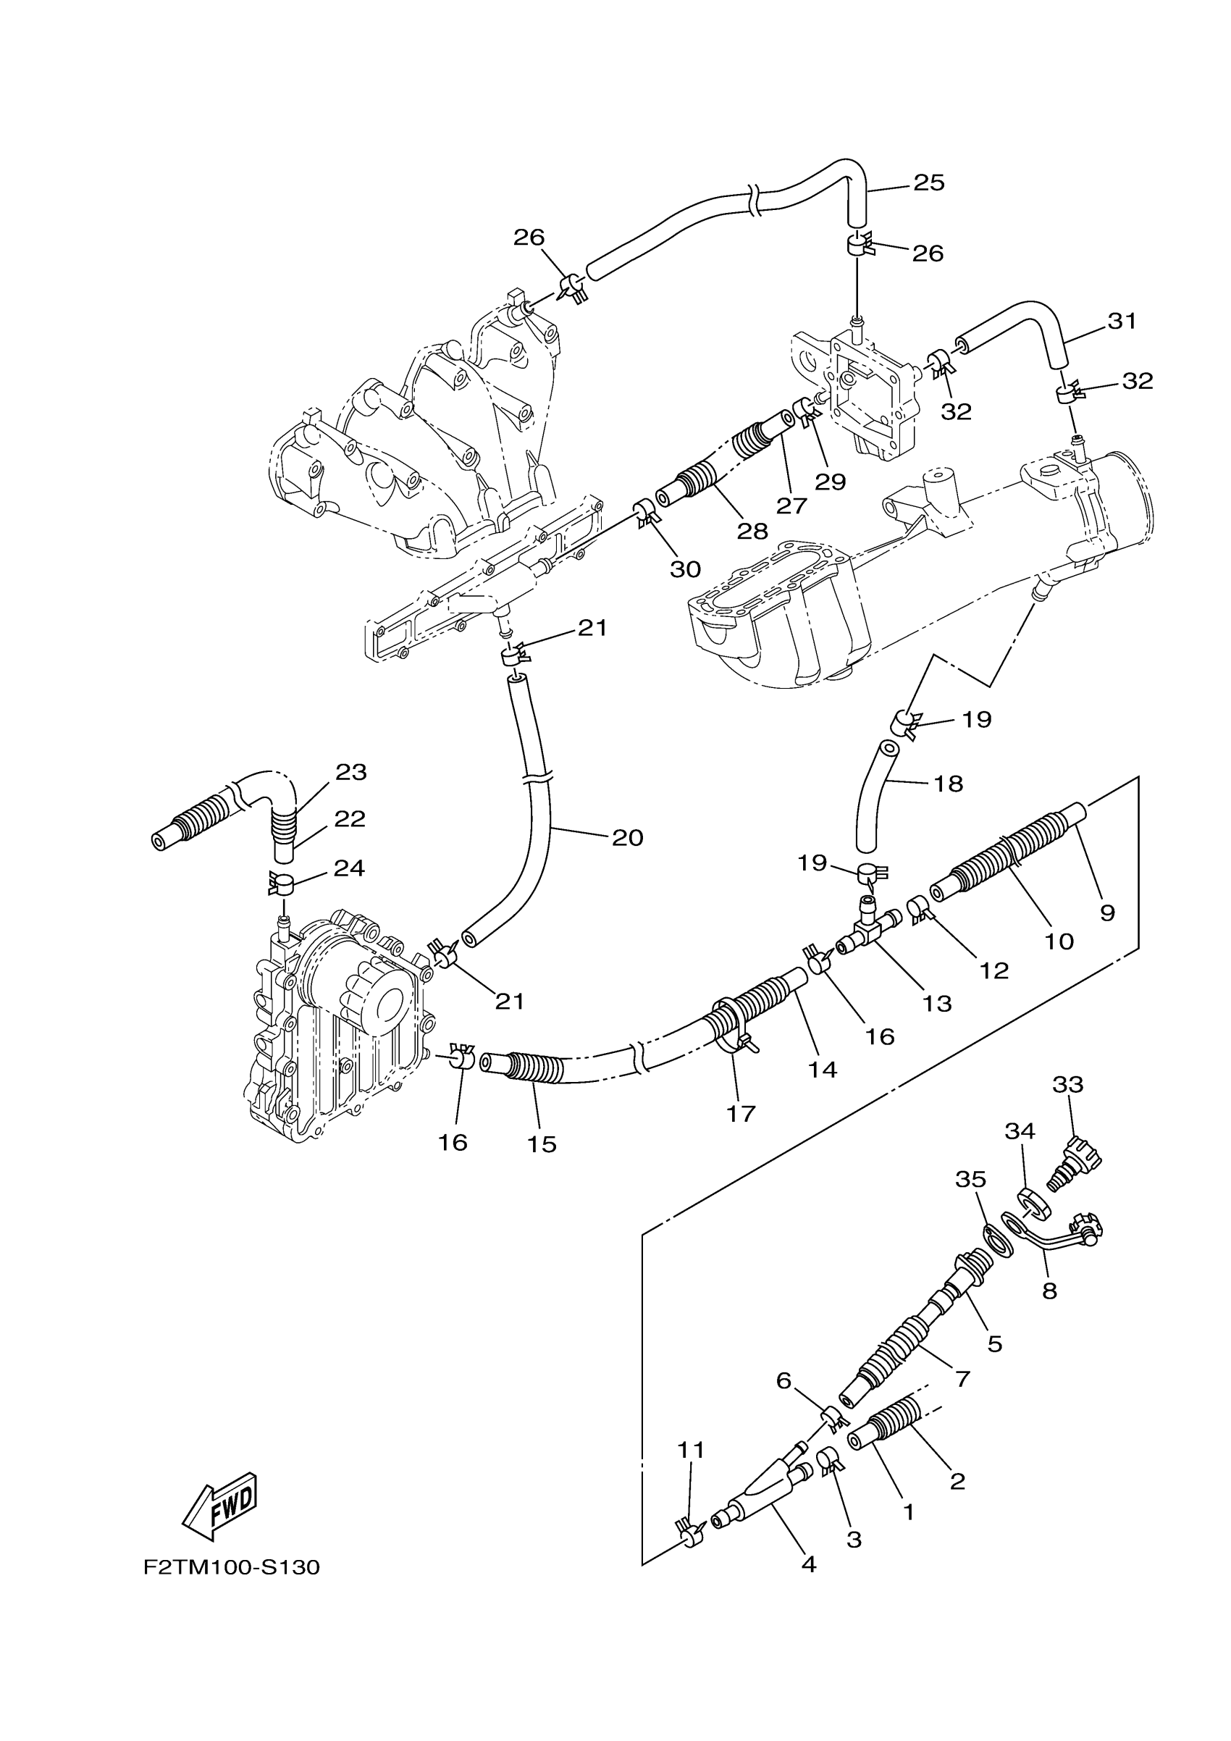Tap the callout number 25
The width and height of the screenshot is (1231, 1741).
point(928,183)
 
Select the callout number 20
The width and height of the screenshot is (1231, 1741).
point(627,837)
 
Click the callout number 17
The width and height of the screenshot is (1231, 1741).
point(741,1113)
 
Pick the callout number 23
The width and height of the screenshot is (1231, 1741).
point(351,772)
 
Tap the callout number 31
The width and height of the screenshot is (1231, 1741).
point(1122,322)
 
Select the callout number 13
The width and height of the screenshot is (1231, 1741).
point(937,1003)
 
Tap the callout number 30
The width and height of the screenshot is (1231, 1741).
point(685,569)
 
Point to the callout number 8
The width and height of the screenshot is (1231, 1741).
point(1049,1290)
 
